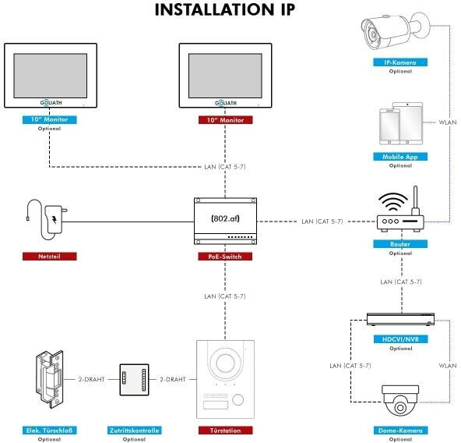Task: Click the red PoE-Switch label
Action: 225,257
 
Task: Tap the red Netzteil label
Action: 49,257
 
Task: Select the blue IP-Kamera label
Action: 400,62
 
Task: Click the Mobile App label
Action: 400,157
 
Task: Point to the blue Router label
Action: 400,244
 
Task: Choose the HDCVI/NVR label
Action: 400,339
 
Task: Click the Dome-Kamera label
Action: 400,431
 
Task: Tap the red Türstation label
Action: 226,431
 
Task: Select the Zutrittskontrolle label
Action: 135,431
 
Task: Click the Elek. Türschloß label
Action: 49,431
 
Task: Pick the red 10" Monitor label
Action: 225,120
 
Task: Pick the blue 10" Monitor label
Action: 49,119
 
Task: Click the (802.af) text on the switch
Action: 226,218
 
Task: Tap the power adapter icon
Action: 53,220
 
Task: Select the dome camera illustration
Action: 400,401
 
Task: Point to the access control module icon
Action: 134,380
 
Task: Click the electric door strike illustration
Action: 50,379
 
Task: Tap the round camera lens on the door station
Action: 225,363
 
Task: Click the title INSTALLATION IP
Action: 225,9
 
